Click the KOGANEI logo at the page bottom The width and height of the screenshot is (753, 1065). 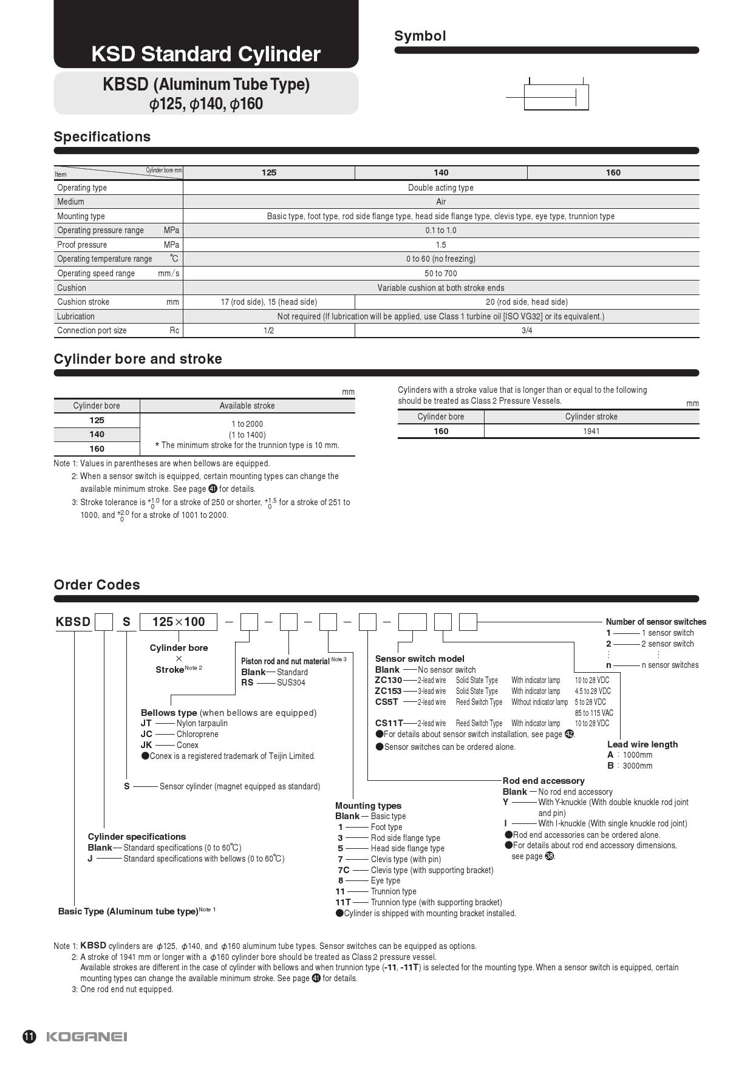click(x=87, y=1036)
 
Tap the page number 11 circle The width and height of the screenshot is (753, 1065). click(x=29, y=1036)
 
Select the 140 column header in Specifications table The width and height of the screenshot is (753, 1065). click(x=441, y=172)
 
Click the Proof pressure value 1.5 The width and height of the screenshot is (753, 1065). click(x=441, y=245)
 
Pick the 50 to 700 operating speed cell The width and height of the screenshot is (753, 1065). click(x=441, y=273)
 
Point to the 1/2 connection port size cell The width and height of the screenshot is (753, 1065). click(x=268, y=330)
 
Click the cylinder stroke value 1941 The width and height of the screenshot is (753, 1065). click(x=591, y=431)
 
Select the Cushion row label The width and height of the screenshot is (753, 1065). click(x=72, y=288)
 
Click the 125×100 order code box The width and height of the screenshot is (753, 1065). click(x=179, y=622)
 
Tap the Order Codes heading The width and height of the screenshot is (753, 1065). click(x=97, y=585)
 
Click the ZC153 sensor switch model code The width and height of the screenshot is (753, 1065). click(x=388, y=691)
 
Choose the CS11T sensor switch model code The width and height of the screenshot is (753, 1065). click(x=389, y=723)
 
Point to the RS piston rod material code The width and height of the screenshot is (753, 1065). click(x=247, y=682)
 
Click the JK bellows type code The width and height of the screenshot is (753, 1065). click(x=146, y=745)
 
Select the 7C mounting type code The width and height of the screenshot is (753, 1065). click(x=343, y=870)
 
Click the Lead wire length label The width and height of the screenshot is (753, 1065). click(x=642, y=744)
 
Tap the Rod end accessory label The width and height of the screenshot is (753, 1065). click(x=543, y=781)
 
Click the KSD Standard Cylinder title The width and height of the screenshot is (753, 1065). click(x=206, y=54)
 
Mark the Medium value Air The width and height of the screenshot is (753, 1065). click(x=441, y=202)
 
